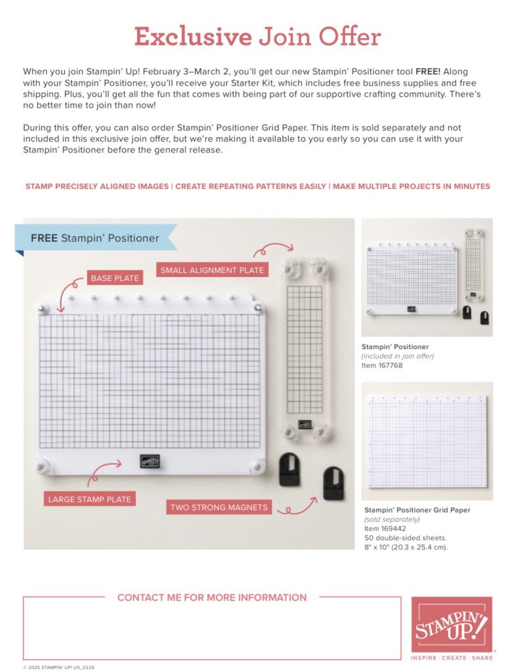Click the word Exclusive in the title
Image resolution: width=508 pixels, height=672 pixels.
click(x=192, y=37)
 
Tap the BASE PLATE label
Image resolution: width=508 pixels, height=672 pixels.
click(x=115, y=278)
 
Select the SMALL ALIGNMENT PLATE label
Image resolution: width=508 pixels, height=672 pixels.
click(x=212, y=270)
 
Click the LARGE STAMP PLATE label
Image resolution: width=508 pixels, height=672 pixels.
click(x=89, y=499)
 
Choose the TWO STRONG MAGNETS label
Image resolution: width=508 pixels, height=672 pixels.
click(x=219, y=507)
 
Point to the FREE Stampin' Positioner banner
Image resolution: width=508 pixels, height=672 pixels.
click(x=95, y=238)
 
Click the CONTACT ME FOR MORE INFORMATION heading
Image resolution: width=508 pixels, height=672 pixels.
click(x=211, y=598)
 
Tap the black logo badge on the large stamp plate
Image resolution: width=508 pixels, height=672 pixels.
click(x=150, y=461)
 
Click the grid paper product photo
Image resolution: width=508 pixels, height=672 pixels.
click(x=427, y=441)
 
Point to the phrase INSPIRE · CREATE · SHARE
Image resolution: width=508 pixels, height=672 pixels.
click(x=452, y=657)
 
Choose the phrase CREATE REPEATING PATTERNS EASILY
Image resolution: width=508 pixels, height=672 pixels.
click(x=251, y=187)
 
